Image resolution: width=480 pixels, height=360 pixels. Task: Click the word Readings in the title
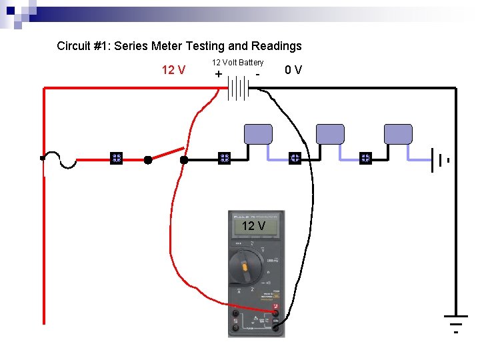(x=276, y=46)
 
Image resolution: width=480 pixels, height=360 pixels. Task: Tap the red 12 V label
(x=173, y=69)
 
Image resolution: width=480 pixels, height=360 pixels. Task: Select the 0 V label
(x=293, y=69)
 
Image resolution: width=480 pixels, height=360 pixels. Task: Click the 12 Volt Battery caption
(x=238, y=62)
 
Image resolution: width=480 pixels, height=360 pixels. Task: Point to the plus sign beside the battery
(x=219, y=74)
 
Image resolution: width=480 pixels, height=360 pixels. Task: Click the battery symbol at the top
(x=237, y=87)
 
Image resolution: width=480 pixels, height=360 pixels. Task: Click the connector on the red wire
(x=116, y=159)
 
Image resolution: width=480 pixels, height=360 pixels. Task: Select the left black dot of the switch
(x=148, y=160)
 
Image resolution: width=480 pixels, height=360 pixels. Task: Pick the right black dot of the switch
(x=184, y=160)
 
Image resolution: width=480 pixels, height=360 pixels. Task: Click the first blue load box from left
(x=258, y=134)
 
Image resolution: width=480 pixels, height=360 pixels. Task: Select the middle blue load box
(x=329, y=134)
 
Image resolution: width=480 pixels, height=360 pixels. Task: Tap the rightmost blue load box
(x=399, y=134)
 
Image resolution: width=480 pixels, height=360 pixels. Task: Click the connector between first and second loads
(x=295, y=159)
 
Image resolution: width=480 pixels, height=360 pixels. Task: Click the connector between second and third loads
(x=365, y=159)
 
